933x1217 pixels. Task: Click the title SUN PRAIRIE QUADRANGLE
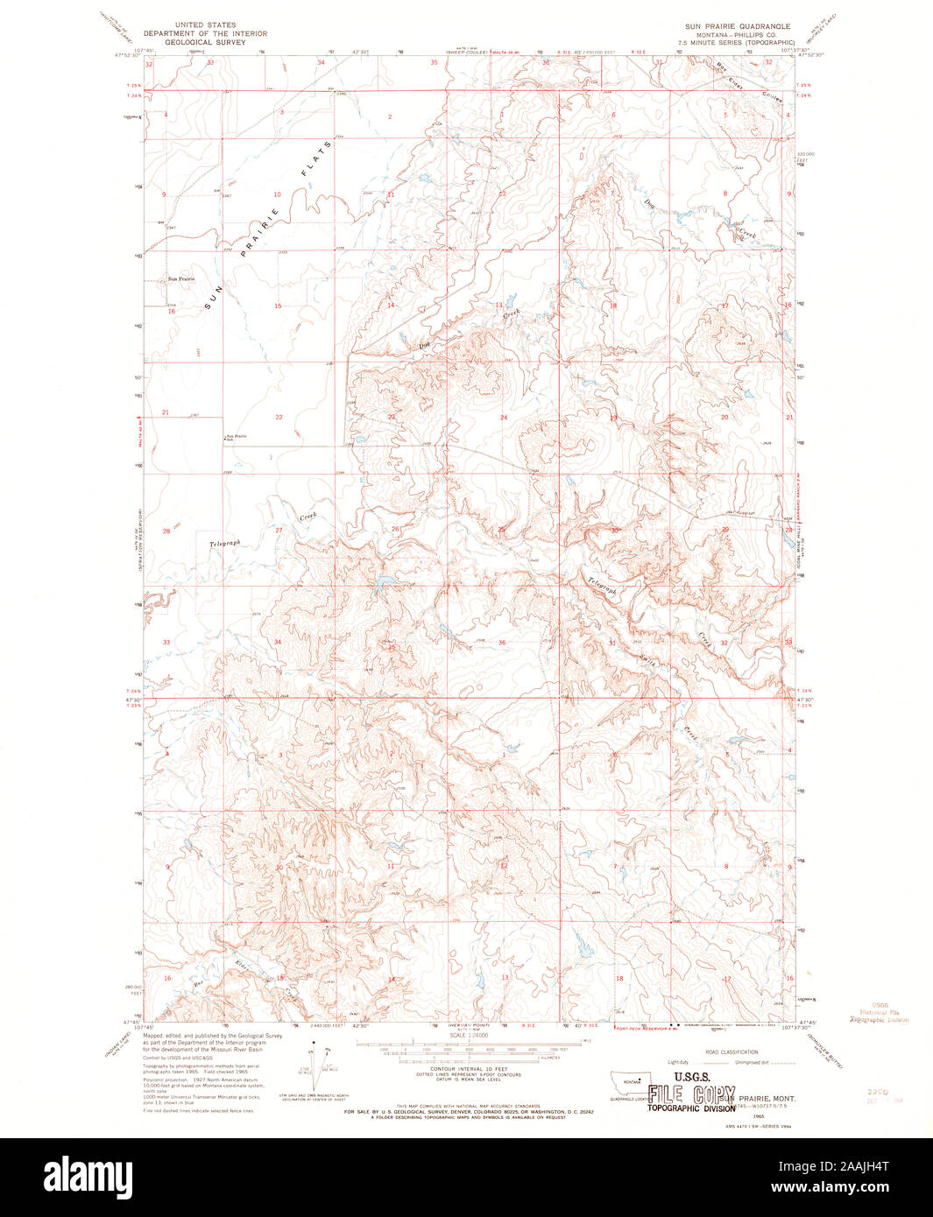pos(738,26)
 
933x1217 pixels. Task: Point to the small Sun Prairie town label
pos(181,278)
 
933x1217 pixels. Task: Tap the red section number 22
pos(279,417)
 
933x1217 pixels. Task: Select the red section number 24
pos(503,418)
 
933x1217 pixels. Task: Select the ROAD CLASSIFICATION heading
pos(723,1052)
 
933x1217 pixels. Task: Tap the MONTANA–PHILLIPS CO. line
pos(738,34)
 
